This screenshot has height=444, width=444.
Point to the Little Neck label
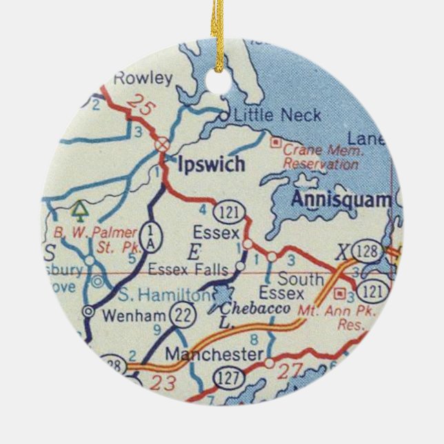point(277,115)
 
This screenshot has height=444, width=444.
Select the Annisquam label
point(340,200)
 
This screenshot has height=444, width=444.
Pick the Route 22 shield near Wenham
point(181,315)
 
